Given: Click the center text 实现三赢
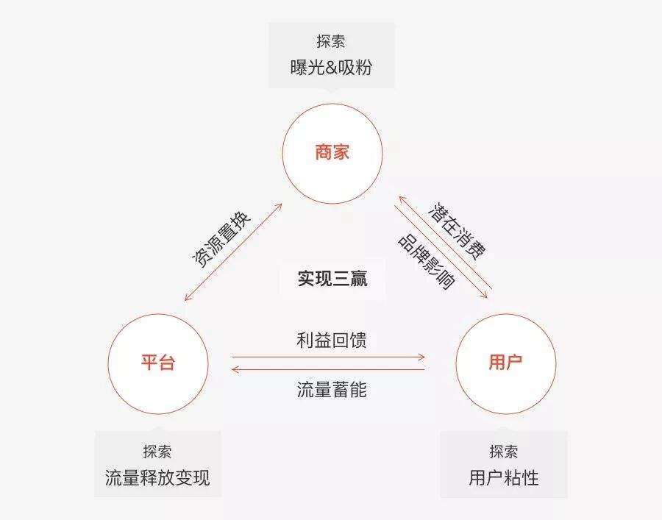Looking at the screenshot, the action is tap(332, 278).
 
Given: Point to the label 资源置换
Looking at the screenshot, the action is tap(221, 238).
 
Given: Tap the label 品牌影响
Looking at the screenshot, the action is tap(427, 262).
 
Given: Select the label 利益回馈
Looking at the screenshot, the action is tap(332, 341).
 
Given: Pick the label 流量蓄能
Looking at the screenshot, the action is tap(332, 390).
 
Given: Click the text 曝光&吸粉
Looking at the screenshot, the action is tap(332, 68).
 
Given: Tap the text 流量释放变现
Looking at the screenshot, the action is tap(157, 478).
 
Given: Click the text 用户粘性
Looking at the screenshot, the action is tap(504, 478).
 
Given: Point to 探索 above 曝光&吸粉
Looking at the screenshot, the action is tap(331, 41).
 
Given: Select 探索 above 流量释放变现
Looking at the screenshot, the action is tap(157, 452).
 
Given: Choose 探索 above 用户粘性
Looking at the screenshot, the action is tap(504, 452).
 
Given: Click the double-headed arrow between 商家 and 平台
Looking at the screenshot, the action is tap(233, 252).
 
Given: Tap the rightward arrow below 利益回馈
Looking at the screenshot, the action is tap(329, 357).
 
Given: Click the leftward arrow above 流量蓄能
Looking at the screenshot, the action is tap(328, 370).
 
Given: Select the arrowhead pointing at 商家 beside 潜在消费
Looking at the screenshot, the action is tap(402, 199).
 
